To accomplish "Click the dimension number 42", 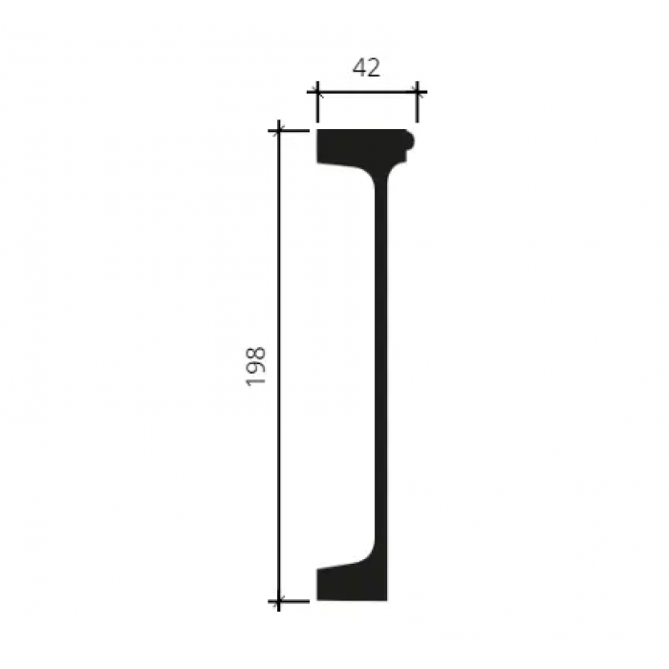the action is (366, 68).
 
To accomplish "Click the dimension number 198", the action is (255, 366).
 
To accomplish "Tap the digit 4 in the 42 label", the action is (359, 68).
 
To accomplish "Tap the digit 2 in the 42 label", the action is (374, 68).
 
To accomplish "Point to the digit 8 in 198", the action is (255, 354).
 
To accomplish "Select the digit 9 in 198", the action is (255, 369).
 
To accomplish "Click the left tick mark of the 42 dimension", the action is (316, 92).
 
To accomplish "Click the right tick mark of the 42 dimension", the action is (417, 92).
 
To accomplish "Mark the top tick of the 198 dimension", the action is (279, 131).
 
